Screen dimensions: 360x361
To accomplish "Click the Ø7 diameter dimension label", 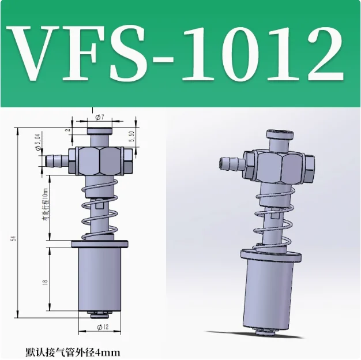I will coord(99,117).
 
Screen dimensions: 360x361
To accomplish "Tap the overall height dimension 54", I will coord(12,238).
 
